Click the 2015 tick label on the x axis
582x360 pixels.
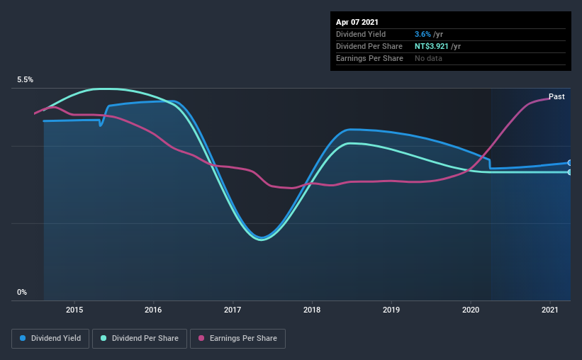click(x=74, y=310)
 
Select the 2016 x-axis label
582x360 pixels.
click(x=154, y=310)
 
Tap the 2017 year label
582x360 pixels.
click(x=233, y=310)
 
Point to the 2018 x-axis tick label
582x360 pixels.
click(x=313, y=310)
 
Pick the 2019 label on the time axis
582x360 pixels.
click(x=392, y=310)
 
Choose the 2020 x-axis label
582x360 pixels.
click(x=471, y=310)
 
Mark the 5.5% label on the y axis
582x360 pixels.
click(x=25, y=80)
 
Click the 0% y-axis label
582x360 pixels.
click(x=22, y=292)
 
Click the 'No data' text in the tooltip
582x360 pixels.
click(x=428, y=58)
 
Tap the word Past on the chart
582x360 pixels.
click(x=556, y=96)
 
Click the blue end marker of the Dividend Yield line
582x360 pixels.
click(x=570, y=163)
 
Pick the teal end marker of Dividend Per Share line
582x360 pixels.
click(x=570, y=172)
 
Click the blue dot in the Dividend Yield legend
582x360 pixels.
click(x=23, y=339)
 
